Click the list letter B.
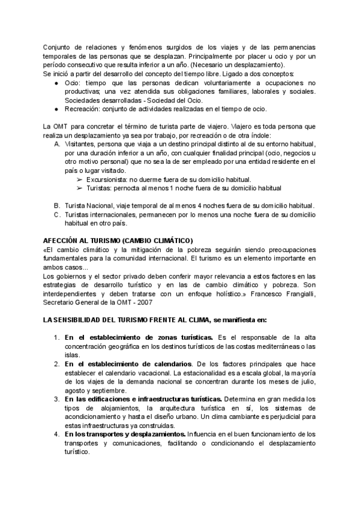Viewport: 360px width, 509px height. click(56, 206)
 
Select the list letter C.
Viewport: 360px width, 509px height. click(56, 214)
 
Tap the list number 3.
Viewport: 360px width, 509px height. click(56, 399)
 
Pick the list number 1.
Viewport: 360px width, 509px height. click(56, 338)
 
